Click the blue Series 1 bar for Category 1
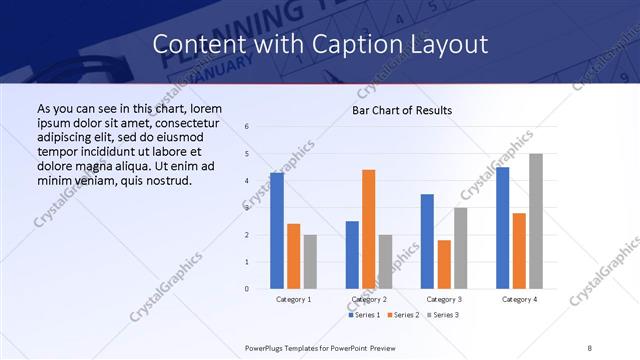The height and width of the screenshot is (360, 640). [x=277, y=231]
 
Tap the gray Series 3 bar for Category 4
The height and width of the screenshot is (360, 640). [x=536, y=221]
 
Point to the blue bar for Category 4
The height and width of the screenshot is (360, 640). [x=502, y=228]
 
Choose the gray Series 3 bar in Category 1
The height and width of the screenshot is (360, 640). [x=310, y=262]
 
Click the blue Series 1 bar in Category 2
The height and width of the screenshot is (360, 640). [x=352, y=255]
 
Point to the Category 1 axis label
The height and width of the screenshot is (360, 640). [x=294, y=299]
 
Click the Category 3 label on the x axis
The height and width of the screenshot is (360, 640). [x=444, y=299]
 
